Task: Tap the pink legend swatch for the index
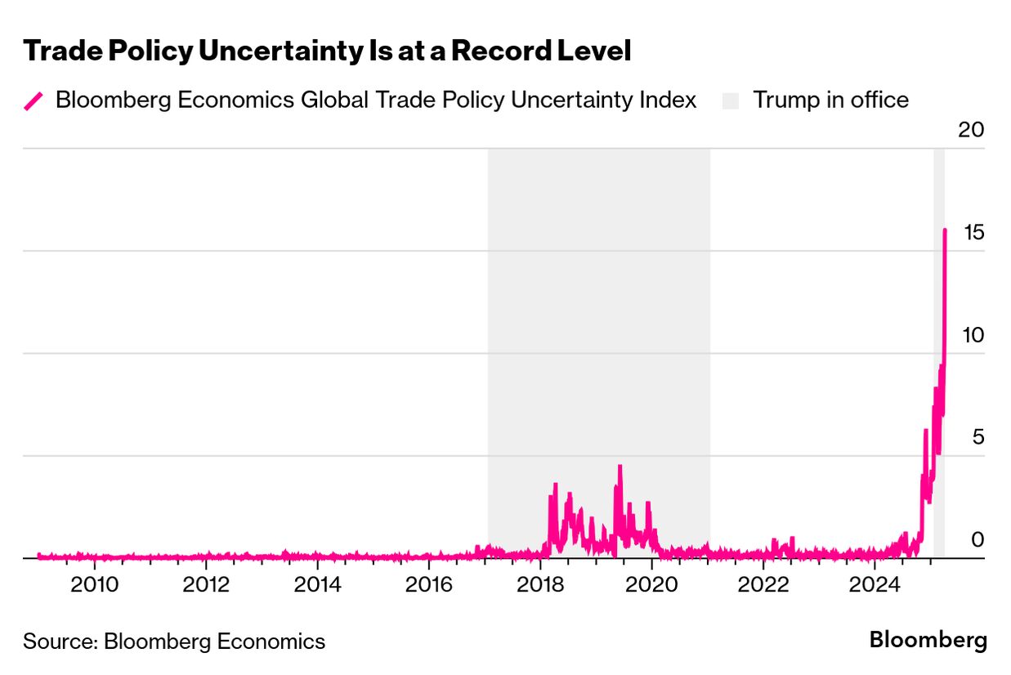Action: click(34, 101)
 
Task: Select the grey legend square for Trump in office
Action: click(730, 101)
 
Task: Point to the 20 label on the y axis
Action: click(972, 130)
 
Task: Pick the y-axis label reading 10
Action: click(972, 335)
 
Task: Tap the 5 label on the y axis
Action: click(977, 438)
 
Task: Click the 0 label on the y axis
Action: click(977, 540)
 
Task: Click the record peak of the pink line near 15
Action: click(945, 230)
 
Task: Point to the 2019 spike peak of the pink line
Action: click(620, 467)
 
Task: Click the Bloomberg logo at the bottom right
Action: click(928, 640)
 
